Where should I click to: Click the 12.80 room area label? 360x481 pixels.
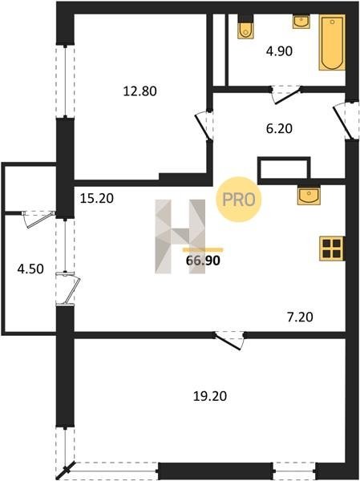pos(140,91)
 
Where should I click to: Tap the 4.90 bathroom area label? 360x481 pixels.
pos(279,51)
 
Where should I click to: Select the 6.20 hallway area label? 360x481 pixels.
pos(279,128)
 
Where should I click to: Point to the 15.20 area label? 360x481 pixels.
pos(97,198)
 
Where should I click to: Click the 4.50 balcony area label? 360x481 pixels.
pos(30,269)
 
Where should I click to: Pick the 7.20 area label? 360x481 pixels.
pos(300,317)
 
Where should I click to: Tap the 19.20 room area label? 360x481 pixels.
pos(210,396)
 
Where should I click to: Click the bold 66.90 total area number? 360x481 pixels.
pos(203,261)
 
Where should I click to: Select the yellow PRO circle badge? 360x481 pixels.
pos(238,200)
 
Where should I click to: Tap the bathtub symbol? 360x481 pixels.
pos(332,42)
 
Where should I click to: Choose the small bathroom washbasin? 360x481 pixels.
pos(301,22)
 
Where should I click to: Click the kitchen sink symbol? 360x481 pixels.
pos(309,195)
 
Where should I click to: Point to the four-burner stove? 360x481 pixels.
pos(331,249)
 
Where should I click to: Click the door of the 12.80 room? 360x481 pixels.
pos(203,126)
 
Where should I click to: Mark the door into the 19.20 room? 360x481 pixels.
pos(229,340)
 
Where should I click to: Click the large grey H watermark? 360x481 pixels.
pos(180,236)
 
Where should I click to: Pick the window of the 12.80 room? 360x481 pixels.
pos(65,81)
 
